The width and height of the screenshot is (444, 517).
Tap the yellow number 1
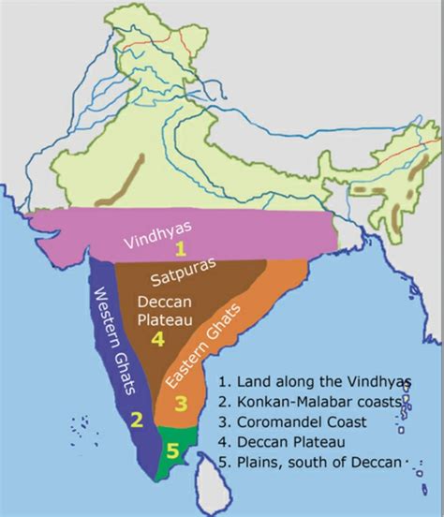185,248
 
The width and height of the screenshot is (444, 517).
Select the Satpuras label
186,277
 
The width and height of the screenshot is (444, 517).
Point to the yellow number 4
158,340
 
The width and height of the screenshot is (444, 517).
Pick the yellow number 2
137,418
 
